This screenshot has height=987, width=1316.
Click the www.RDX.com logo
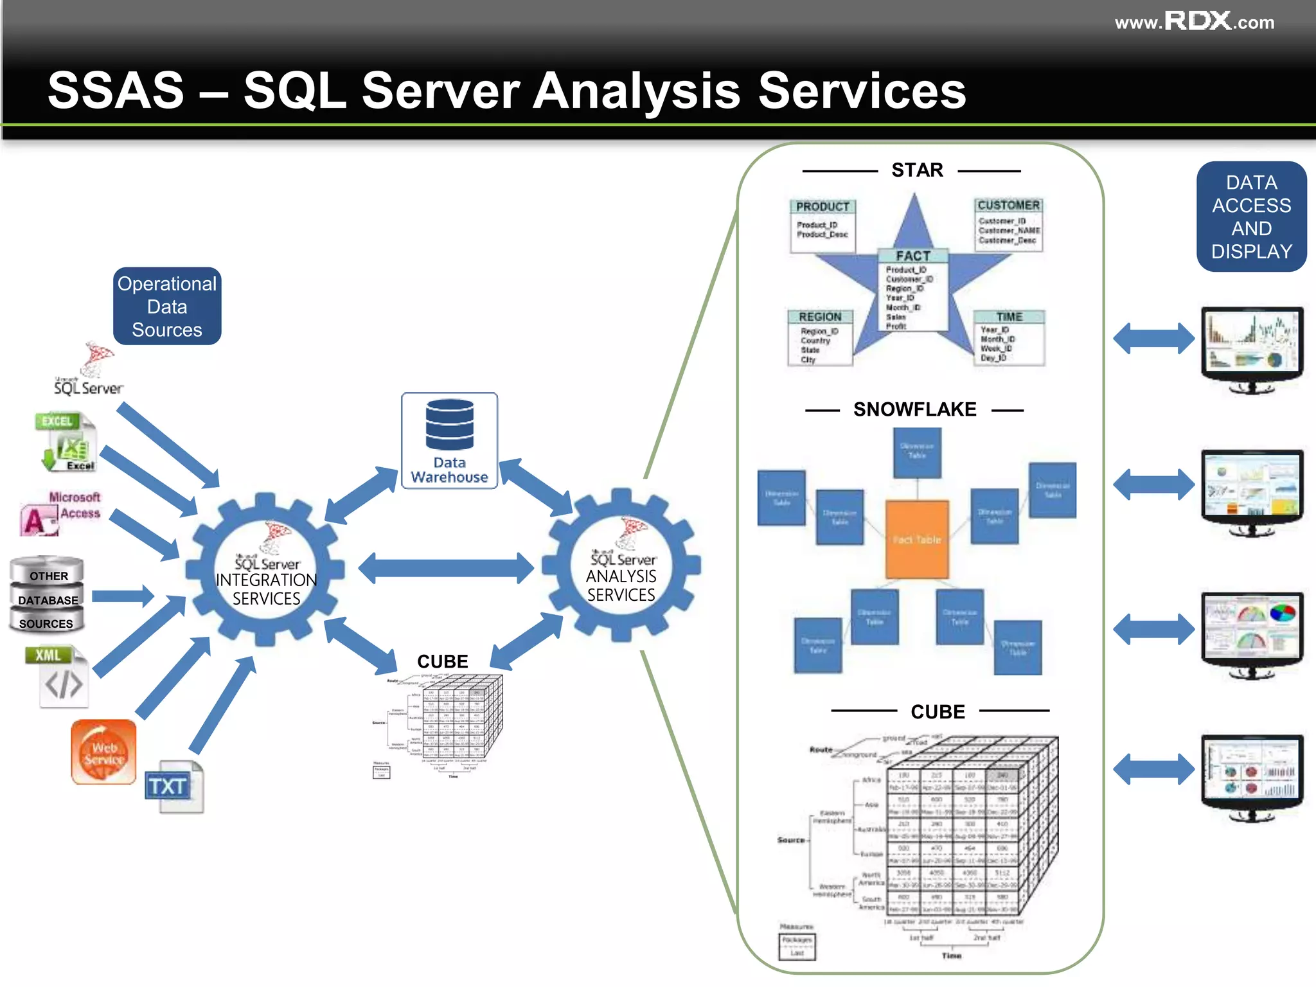(x=1194, y=22)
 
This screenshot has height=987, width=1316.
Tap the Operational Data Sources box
(x=167, y=307)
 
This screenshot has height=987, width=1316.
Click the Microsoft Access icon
(x=59, y=513)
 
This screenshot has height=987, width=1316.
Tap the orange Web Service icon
(x=103, y=752)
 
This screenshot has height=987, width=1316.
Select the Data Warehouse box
(x=449, y=441)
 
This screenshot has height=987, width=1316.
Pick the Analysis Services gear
(x=621, y=565)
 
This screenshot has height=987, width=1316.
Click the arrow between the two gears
(x=445, y=568)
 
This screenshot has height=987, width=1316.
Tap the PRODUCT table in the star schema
(x=822, y=225)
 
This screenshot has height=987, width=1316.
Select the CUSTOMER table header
(x=1008, y=205)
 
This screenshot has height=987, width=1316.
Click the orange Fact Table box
(x=917, y=539)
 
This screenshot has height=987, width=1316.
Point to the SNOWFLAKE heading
(x=914, y=409)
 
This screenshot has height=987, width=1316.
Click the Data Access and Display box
(x=1251, y=217)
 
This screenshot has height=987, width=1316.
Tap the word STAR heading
(x=917, y=170)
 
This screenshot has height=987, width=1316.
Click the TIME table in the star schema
(x=1009, y=337)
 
